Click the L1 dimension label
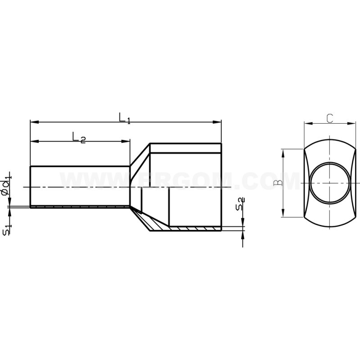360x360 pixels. coord(124,118)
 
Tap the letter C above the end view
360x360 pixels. coord(329,118)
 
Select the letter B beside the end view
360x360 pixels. coord(278,182)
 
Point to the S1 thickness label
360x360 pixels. coord(6,231)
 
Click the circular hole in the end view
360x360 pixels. coord(329,183)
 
